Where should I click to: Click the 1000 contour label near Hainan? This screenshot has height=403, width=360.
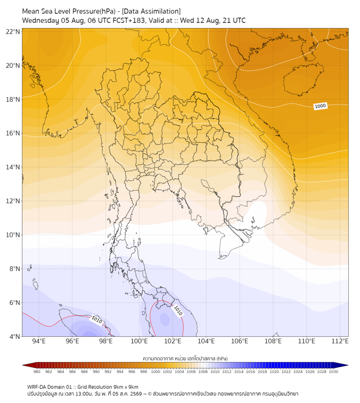coord(320,106)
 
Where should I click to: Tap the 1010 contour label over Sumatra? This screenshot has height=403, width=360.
coord(97,320)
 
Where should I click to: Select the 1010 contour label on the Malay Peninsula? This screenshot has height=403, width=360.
coord(178,310)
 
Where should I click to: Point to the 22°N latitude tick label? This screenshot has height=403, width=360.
coord(13,31)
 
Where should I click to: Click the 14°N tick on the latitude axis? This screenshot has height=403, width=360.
coord(13,167)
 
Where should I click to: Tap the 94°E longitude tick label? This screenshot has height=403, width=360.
coord(39,341)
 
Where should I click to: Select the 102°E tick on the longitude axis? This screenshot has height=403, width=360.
coord(173,341)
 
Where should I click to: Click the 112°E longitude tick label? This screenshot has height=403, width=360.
coord(340,341)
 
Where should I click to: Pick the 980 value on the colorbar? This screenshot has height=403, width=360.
coord(37,372)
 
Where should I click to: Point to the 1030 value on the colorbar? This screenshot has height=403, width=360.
coord(333,372)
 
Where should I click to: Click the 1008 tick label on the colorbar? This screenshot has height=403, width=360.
coord(203,372)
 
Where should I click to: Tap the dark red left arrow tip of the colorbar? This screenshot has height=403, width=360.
coord(23,365)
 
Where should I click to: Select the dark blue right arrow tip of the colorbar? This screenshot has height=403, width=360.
coord(347,365)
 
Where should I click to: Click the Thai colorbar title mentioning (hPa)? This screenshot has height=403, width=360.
coord(185,358)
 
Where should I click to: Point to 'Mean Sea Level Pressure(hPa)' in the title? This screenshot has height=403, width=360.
coord(69,11)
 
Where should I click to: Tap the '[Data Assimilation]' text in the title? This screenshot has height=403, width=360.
coord(151,11)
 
